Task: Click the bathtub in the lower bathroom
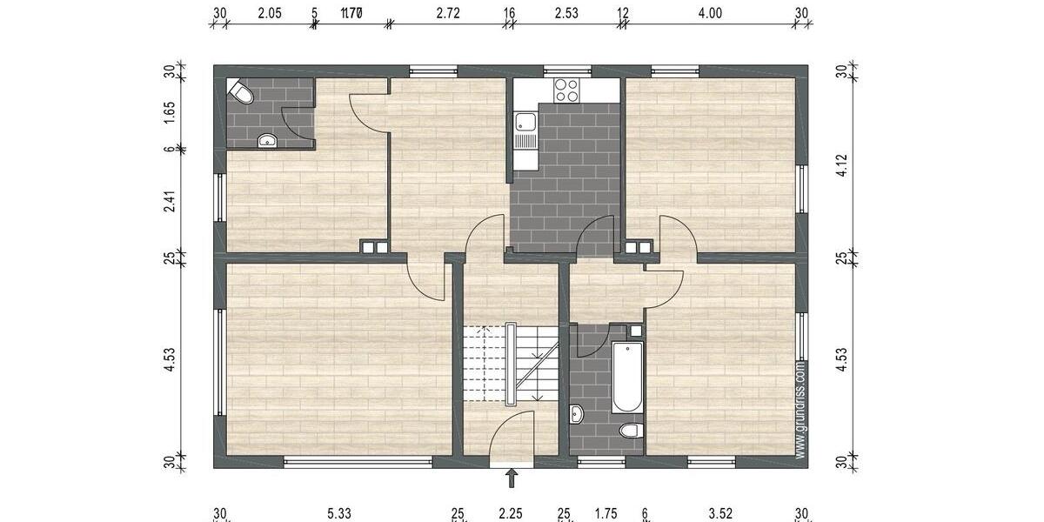click(627, 378)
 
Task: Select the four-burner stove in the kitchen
click(566, 90)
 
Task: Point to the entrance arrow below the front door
click(512, 477)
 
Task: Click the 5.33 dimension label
click(340, 514)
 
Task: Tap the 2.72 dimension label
click(448, 12)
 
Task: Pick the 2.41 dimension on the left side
click(171, 203)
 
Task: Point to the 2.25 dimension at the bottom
click(510, 514)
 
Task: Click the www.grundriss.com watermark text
click(800, 409)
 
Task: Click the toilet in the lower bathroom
click(629, 431)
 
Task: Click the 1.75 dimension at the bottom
click(606, 514)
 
